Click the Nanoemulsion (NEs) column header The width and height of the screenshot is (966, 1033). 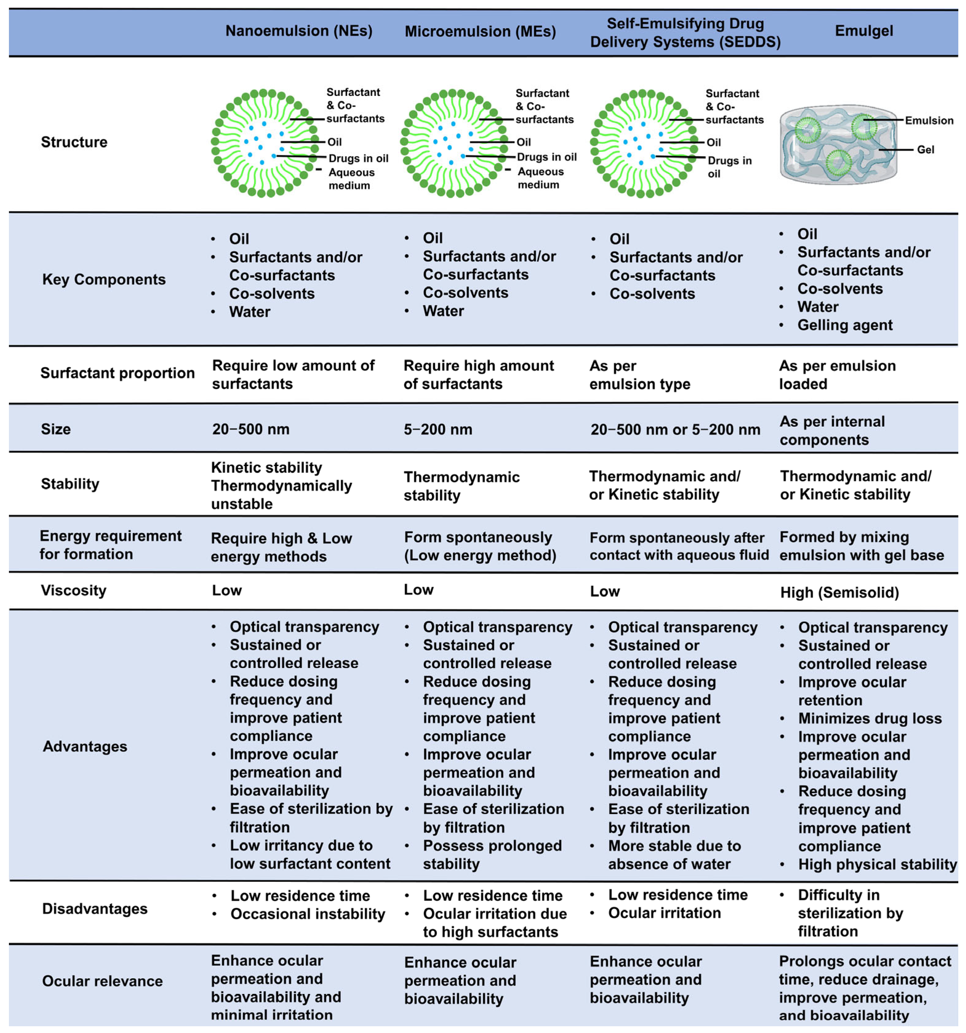299,31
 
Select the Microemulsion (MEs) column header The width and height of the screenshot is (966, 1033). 480,32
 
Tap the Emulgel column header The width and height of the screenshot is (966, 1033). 864,31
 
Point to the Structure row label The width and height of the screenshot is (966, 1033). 74,142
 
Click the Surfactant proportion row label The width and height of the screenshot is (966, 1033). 118,373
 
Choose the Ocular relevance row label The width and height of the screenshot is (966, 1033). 102,981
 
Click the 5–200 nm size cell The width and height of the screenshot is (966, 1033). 438,429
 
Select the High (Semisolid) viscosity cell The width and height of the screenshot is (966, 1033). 839,592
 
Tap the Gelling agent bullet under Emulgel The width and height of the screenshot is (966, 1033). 844,325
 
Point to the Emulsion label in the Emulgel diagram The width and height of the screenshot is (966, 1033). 928,121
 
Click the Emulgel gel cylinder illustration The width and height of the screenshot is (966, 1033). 838,144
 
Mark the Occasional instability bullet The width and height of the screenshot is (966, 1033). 308,914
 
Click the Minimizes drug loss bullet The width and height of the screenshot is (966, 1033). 870,718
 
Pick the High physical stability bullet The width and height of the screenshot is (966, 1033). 877,865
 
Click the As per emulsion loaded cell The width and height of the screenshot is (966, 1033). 837,375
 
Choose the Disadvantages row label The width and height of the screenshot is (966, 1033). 95,909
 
